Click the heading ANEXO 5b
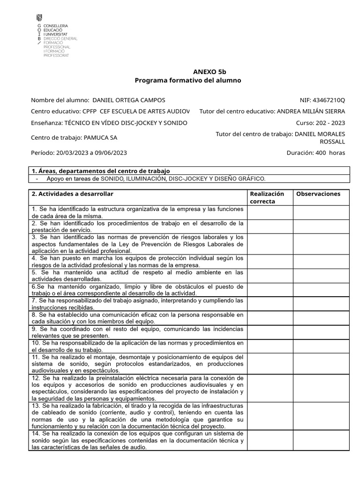pyautogui.click(x=209, y=72)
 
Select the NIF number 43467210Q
pyautogui.click(x=329, y=100)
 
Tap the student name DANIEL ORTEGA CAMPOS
pyautogui.click(x=129, y=100)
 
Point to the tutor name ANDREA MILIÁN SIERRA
pyautogui.click(x=311, y=112)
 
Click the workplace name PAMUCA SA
pyautogui.click(x=100, y=138)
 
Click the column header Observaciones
pyautogui.click(x=318, y=194)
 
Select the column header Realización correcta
pyautogui.click(x=267, y=197)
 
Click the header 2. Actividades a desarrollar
pyautogui.click(x=72, y=194)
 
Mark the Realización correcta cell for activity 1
pyautogui.click(x=270, y=213)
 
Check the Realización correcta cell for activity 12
pyautogui.click(x=270, y=388)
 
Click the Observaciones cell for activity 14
pyautogui.click(x=321, y=441)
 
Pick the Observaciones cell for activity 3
pyautogui.click(x=321, y=244)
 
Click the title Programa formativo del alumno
pyautogui.click(x=187, y=81)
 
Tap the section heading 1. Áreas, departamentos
pyautogui.click(x=100, y=171)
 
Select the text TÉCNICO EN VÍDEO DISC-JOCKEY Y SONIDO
pyautogui.click(x=125, y=123)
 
